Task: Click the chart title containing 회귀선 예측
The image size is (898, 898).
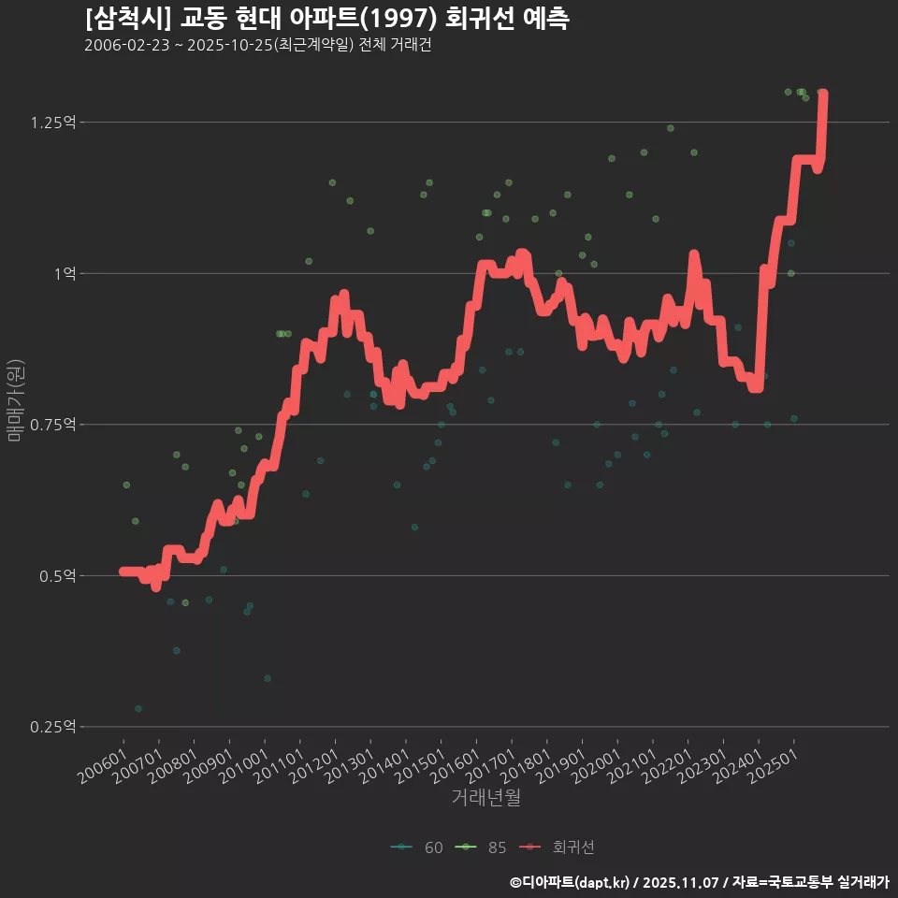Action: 326,19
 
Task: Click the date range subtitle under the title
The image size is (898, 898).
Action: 257,46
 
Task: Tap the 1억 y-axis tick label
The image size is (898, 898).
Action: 65,273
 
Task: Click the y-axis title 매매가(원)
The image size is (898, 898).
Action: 16,400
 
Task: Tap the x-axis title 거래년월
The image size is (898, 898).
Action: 485,797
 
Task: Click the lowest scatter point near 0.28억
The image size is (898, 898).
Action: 138,709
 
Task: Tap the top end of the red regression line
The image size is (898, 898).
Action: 822,94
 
